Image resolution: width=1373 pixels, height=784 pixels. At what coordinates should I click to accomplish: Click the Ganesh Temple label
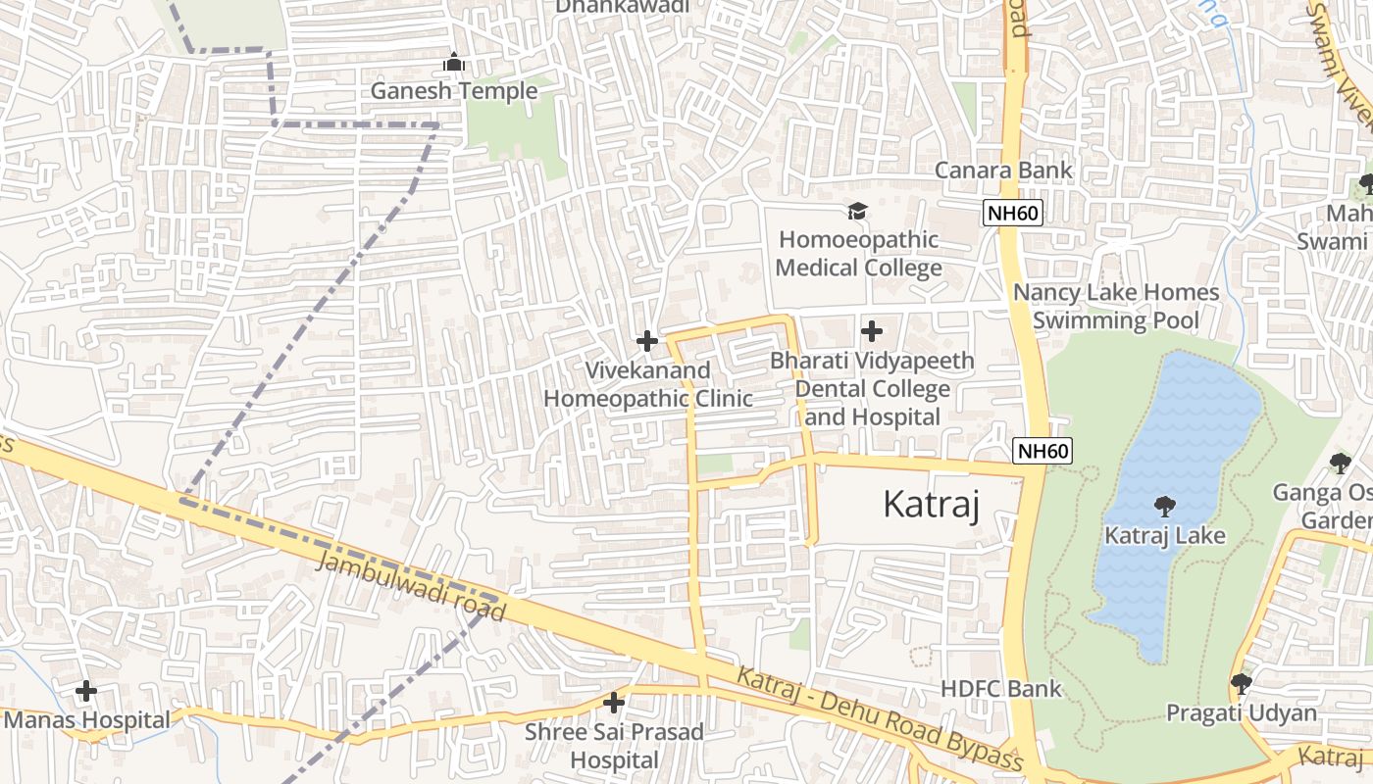point(453,91)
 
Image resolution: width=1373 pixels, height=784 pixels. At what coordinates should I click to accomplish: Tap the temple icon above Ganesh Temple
point(453,63)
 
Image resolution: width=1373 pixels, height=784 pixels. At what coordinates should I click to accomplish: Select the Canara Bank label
point(1003,170)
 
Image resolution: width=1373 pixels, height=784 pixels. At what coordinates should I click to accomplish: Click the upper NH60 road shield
point(1014,213)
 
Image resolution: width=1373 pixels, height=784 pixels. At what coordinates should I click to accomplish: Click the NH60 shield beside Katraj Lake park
point(1042,451)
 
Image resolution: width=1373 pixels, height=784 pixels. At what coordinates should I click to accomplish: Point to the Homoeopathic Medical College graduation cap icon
point(858,212)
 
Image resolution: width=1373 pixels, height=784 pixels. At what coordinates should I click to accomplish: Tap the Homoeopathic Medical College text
point(859,254)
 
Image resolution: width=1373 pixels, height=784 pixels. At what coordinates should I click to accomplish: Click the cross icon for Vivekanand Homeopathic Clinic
point(646,341)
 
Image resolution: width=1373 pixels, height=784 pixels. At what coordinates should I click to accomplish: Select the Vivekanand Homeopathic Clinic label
point(648,384)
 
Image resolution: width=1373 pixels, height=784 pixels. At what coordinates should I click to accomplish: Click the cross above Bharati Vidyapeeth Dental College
point(871,331)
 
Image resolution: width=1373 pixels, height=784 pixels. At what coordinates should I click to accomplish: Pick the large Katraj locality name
point(931,504)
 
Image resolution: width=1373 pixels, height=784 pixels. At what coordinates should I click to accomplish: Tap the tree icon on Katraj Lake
point(1164,507)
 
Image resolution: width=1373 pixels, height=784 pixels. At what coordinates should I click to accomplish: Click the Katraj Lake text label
point(1165,536)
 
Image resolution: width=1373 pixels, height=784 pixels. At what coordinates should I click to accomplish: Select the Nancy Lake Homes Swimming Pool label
point(1116,306)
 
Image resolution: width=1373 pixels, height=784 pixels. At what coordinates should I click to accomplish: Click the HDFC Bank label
point(1000,689)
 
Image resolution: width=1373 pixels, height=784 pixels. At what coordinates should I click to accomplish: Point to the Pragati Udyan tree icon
point(1241,683)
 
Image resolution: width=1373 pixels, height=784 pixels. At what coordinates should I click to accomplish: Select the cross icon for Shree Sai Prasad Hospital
point(614,703)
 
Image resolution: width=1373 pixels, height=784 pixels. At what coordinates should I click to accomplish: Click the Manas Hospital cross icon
point(86,691)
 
